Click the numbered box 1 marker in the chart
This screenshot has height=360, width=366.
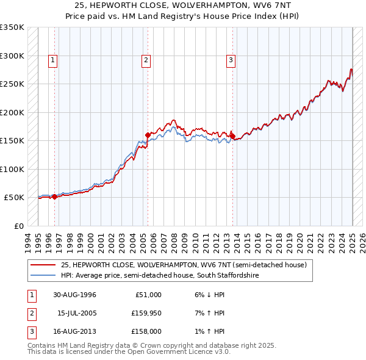(x=54, y=60)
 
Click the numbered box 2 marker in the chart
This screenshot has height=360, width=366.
(x=146, y=60)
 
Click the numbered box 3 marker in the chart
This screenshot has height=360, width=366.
(x=231, y=60)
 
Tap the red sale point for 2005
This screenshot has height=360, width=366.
(x=147, y=135)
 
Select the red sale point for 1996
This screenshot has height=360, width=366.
(x=54, y=196)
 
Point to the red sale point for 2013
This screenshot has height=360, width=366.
(x=233, y=136)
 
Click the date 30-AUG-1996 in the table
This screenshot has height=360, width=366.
(x=74, y=295)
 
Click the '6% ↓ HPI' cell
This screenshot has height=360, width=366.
(x=209, y=295)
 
